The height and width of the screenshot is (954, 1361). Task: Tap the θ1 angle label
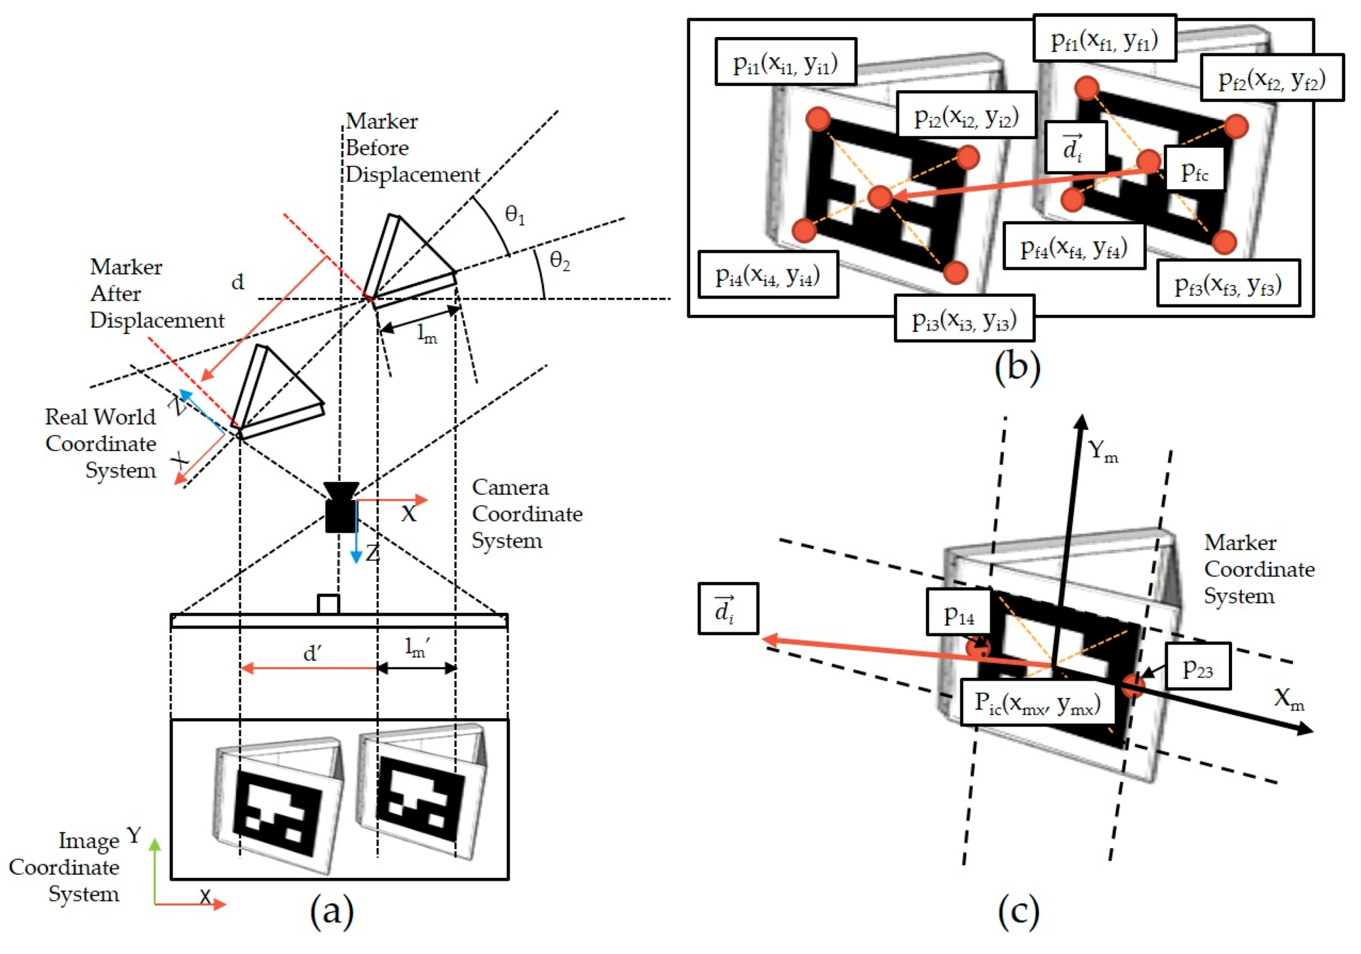(514, 215)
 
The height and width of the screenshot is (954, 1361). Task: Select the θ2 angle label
(559, 261)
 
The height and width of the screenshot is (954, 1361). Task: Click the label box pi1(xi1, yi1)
(785, 62)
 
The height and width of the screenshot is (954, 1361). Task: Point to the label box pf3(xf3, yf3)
(1227, 283)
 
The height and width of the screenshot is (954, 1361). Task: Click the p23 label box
(1197, 666)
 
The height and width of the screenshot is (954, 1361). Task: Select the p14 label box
(959, 612)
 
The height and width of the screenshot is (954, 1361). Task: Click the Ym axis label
(1103, 451)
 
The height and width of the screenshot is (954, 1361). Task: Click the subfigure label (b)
(1017, 366)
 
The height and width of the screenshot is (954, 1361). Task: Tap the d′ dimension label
(311, 653)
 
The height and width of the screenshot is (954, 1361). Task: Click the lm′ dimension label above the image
(417, 649)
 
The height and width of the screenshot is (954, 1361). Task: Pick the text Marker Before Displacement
(411, 148)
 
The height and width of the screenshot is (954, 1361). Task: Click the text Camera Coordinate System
(527, 514)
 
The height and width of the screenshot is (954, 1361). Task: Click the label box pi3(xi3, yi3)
(964, 319)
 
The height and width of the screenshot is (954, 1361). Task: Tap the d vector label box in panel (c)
(727, 609)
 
